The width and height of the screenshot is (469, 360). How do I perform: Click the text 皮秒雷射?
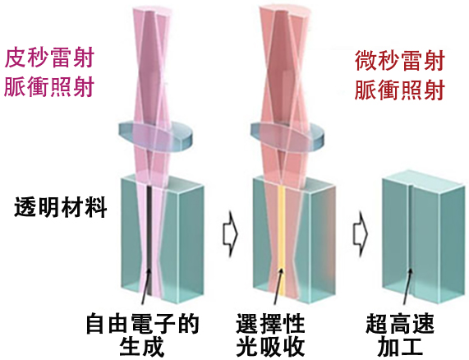pos(49,58)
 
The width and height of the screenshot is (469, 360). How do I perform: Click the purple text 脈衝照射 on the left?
pos(49,87)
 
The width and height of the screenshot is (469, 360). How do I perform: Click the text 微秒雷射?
pos(400,61)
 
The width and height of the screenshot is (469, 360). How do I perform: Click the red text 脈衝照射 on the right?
pos(400,90)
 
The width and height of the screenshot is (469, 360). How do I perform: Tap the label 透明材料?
pos(61,207)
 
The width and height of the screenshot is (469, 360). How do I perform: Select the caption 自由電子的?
pos(143,324)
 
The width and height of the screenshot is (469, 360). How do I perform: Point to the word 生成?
pos(142,347)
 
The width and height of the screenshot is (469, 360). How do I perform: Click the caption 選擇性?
pos(270,324)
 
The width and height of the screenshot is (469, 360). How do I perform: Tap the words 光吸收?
pos(270,347)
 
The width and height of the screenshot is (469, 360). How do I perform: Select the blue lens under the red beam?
pos(287,136)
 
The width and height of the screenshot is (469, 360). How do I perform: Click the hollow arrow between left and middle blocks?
pos(230,233)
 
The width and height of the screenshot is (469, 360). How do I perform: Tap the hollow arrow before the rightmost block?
pos(360,233)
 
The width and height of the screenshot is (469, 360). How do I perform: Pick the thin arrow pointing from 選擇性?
pos(278,286)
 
